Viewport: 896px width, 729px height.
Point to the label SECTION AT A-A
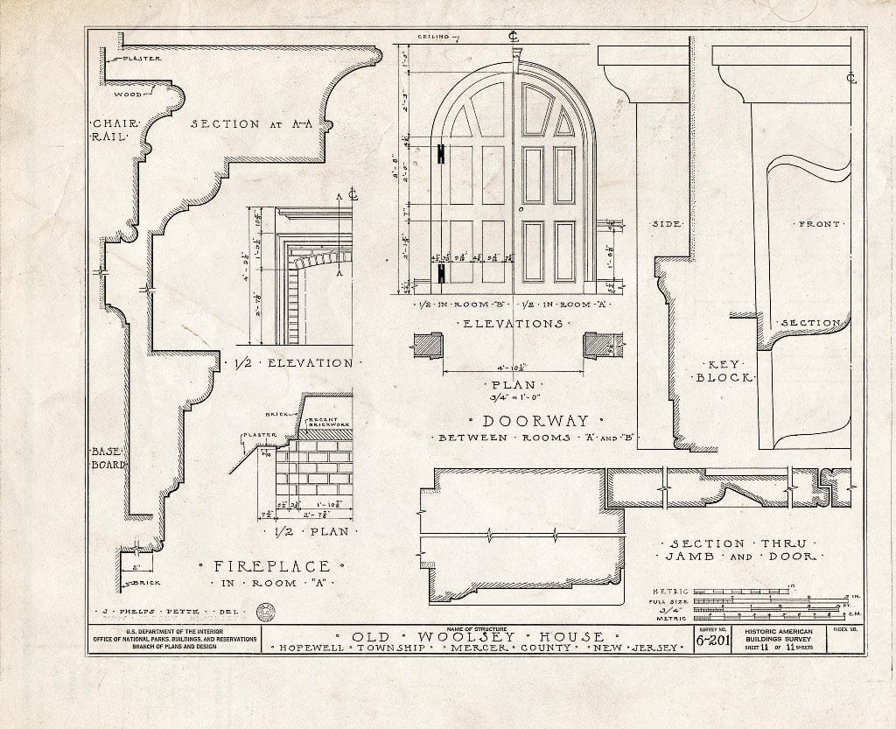click(x=251, y=124)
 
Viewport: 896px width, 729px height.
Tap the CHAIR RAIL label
click(x=111, y=130)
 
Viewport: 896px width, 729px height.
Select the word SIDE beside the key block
click(x=667, y=225)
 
